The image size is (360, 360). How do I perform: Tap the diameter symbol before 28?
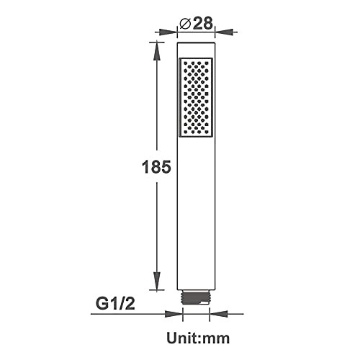point(185,24)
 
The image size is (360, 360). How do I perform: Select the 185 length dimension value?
point(156,166)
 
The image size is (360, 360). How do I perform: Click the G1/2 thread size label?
point(115,304)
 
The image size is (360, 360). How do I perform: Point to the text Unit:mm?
point(198,338)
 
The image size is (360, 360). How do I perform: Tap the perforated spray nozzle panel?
point(196,97)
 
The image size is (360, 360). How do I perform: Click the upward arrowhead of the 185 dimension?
point(157,50)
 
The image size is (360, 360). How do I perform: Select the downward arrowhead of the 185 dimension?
point(157,281)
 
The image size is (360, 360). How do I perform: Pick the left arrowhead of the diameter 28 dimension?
point(168,32)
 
